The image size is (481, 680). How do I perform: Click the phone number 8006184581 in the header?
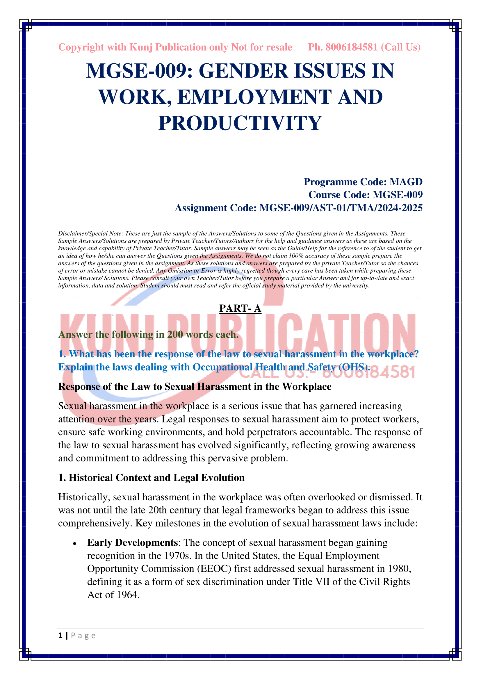point(352,47)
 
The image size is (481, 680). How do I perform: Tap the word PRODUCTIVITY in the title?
point(240,123)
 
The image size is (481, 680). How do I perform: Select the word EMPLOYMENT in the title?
point(254,97)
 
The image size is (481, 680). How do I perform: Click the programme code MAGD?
point(406,182)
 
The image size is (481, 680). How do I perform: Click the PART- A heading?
point(240,308)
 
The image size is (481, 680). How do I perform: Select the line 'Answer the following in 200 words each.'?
point(148,335)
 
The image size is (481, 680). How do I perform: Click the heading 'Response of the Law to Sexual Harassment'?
point(195,387)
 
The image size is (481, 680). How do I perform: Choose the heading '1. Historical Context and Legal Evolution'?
point(151,478)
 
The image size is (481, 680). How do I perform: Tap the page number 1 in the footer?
point(60,636)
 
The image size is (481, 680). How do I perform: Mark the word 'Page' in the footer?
point(83,636)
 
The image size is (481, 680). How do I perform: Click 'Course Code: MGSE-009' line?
point(366,195)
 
